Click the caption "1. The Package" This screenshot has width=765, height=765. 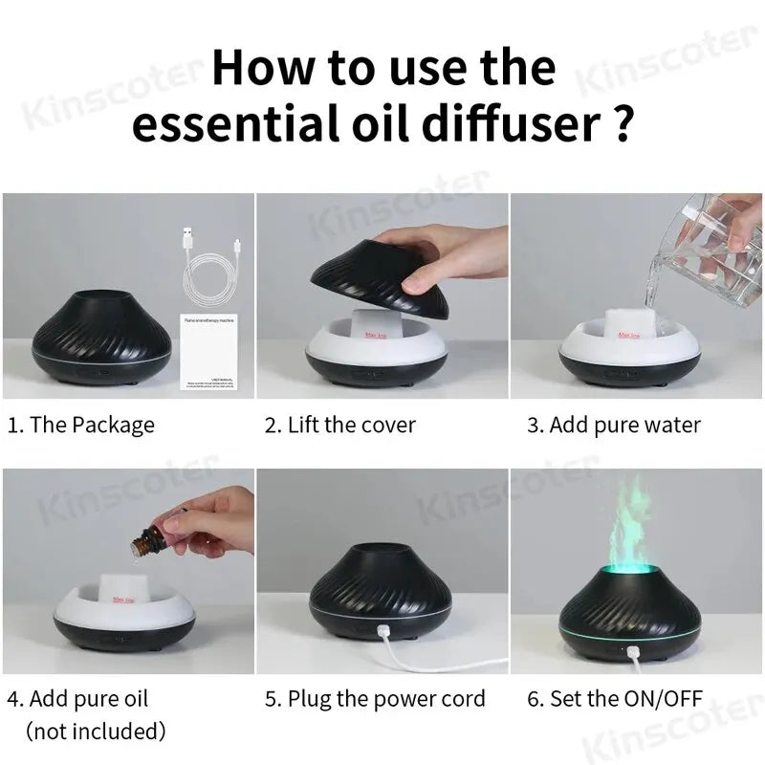[x=81, y=425]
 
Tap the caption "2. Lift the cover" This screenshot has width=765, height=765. [x=339, y=425]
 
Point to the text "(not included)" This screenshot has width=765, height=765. [x=96, y=732]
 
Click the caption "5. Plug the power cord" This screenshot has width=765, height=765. [x=375, y=699]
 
